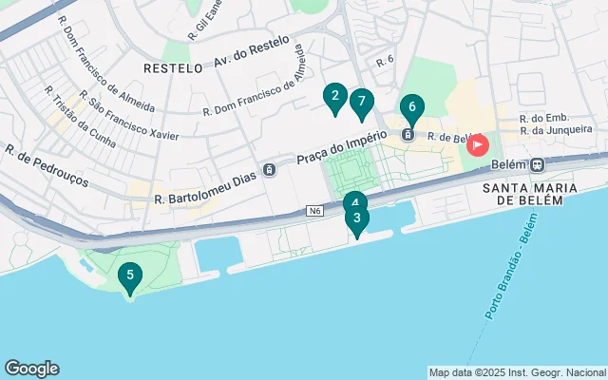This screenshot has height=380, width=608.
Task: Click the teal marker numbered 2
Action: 333,96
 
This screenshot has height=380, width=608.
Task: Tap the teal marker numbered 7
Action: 361,101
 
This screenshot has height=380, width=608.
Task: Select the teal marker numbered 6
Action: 411,107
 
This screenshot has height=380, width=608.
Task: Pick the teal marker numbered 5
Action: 130,276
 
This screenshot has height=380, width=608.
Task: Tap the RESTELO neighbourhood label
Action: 173,68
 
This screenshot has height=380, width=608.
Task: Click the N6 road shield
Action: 315,210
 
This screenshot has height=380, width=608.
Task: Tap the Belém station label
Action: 507,163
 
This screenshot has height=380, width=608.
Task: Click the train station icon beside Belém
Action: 537,163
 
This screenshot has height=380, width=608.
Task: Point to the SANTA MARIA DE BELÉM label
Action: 530,193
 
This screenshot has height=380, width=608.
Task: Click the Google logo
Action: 31,369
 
